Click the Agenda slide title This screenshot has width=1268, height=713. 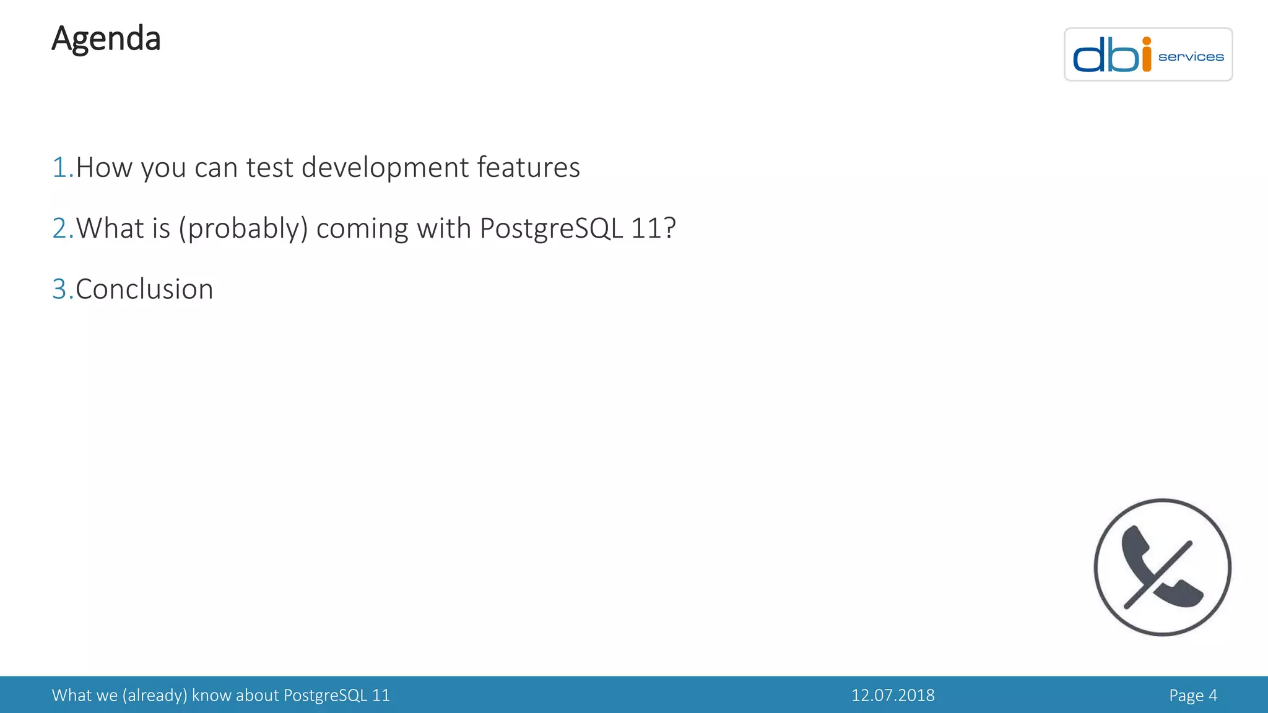[106, 39]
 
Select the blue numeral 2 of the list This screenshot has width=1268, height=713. [61, 228]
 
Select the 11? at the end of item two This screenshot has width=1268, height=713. [653, 228]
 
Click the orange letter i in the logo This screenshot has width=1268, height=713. [1146, 55]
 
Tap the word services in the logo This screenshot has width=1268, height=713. [1191, 57]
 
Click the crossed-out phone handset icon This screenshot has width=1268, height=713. [1162, 567]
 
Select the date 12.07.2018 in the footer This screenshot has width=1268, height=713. [892, 696]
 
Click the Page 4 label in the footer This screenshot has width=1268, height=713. [1192, 696]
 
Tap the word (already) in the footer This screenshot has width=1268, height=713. [155, 696]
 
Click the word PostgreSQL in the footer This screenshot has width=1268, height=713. [325, 696]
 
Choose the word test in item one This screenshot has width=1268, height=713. [269, 168]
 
